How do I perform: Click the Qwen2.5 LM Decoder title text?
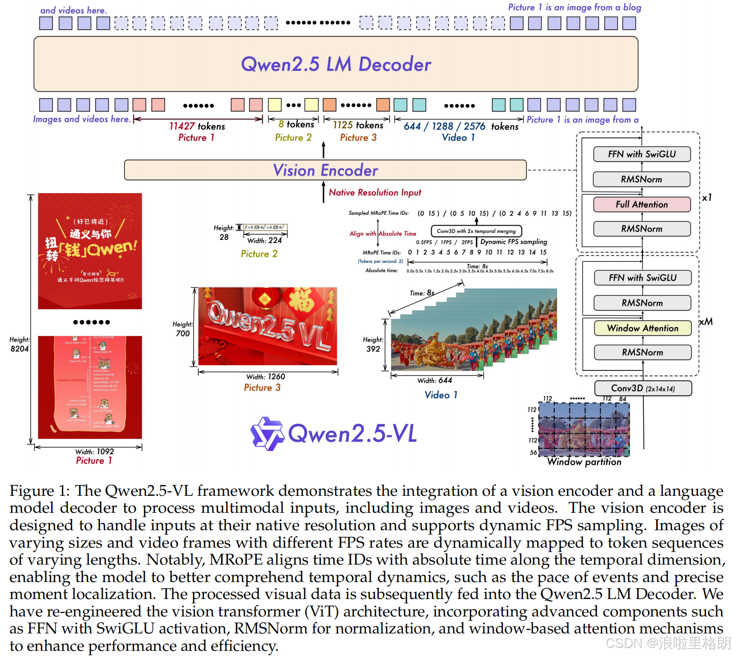tap(336, 65)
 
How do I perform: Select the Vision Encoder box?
tap(325, 170)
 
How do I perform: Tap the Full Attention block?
tap(641, 205)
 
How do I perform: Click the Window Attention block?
tap(642, 328)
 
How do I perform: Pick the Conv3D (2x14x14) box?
tap(643, 388)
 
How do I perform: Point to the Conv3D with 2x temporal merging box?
tap(476, 231)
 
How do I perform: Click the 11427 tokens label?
tap(197, 126)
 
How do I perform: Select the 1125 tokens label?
tap(358, 125)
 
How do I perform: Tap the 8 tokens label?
tap(296, 124)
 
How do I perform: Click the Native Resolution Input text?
tap(375, 192)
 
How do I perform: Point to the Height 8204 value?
tap(19, 349)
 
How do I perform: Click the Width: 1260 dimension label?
tap(266, 377)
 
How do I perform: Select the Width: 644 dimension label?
tap(434, 380)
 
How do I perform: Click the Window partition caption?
tap(584, 462)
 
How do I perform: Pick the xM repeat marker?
tap(706, 322)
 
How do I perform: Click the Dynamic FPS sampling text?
tap(514, 242)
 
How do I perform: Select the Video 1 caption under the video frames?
tap(441, 395)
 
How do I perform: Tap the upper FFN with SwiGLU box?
tap(641, 154)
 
